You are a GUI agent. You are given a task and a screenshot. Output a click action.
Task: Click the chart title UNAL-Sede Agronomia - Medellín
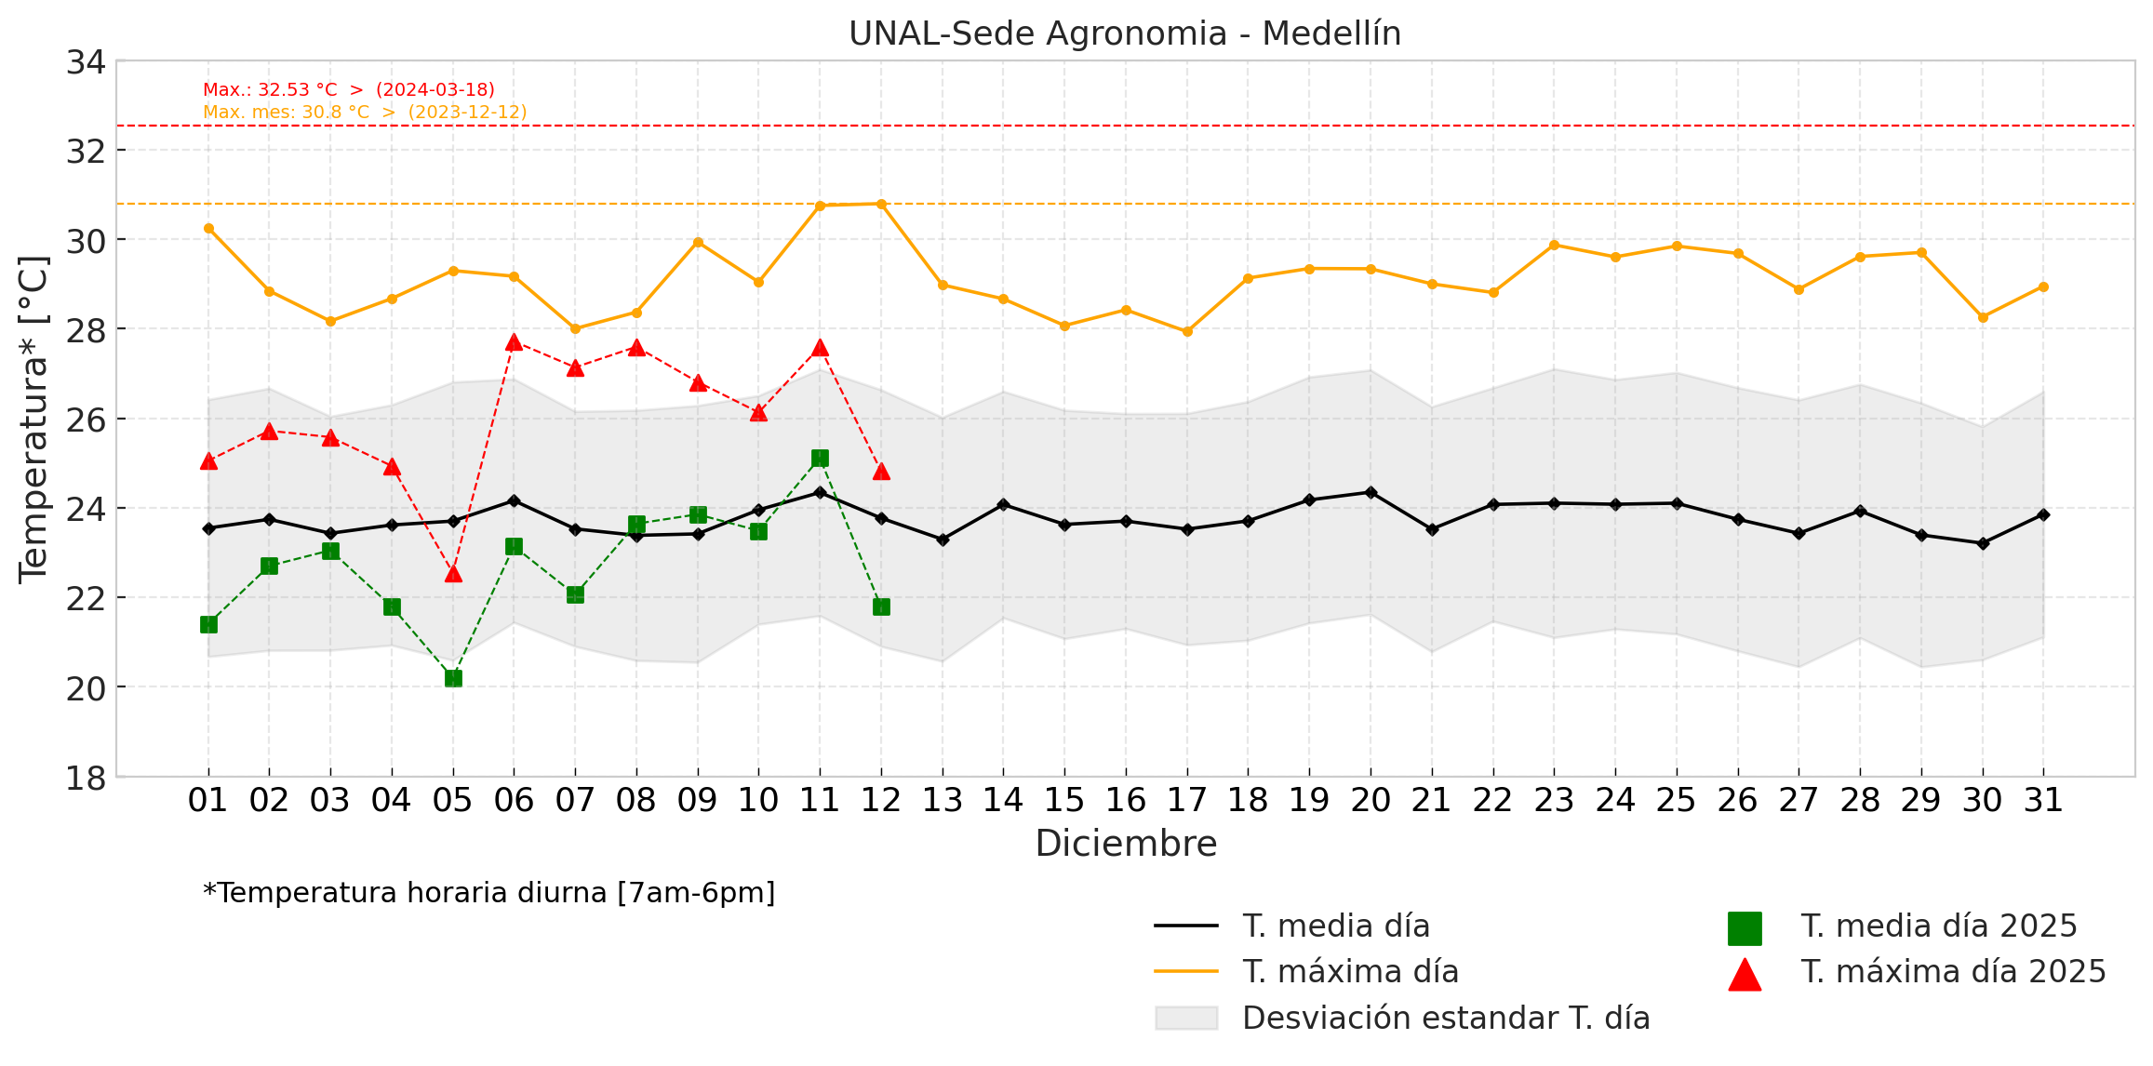1125,33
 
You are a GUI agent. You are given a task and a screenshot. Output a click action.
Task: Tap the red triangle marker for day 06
514,342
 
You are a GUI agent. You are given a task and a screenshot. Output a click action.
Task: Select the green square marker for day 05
453,678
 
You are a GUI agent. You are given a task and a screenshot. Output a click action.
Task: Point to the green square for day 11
820,458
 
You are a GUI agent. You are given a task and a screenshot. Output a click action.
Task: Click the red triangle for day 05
453,573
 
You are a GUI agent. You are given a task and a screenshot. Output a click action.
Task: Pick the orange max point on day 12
881,204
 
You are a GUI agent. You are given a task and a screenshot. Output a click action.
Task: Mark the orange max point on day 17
1187,331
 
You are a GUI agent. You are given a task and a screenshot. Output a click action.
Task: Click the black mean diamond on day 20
1371,492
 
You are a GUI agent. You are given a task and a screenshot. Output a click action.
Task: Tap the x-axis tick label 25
1676,800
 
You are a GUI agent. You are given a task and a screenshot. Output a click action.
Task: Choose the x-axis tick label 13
942,800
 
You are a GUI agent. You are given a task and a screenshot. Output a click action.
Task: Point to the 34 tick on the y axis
86,62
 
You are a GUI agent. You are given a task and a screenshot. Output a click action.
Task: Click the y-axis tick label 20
86,688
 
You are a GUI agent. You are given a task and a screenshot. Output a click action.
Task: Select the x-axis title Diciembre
1126,844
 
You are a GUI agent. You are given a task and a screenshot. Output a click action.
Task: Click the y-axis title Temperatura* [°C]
33,419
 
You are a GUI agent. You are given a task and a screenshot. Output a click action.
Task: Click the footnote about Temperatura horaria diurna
488,893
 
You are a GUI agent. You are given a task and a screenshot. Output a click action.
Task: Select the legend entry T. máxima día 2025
1953,972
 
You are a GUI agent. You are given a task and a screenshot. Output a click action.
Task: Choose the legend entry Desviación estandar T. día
1446,1019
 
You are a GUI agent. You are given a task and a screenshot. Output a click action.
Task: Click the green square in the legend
1745,927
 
